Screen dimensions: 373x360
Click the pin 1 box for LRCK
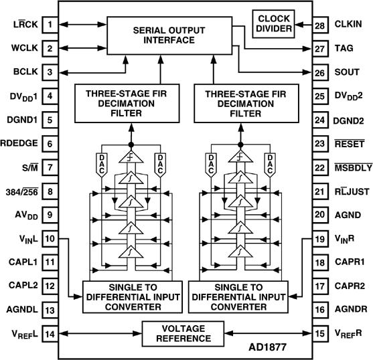[x=50, y=25]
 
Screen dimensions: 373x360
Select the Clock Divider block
[x=274, y=24]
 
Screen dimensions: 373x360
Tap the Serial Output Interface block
[x=169, y=35]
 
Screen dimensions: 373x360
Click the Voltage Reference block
[x=183, y=334]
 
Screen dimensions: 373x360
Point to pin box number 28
[x=320, y=25]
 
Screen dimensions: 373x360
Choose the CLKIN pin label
[x=348, y=24]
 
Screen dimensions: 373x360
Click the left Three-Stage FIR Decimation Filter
[x=127, y=103]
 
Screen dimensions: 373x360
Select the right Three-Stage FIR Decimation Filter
[x=246, y=103]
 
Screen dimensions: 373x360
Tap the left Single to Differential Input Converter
[x=133, y=297]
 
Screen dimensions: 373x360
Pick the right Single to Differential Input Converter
[x=238, y=297]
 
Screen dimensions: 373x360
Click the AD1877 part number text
[x=268, y=347]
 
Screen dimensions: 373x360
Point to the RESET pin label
[x=350, y=144]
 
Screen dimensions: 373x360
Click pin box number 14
[x=50, y=334]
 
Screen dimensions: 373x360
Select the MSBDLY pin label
[x=354, y=168]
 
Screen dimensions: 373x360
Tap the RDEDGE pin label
[x=19, y=143]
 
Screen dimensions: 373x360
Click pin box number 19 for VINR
[x=320, y=239]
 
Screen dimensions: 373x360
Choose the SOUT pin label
[x=347, y=72]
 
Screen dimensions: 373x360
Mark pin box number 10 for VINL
[x=50, y=239]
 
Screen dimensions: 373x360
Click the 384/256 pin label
[x=22, y=191]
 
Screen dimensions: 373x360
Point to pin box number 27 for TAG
[x=320, y=49]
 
